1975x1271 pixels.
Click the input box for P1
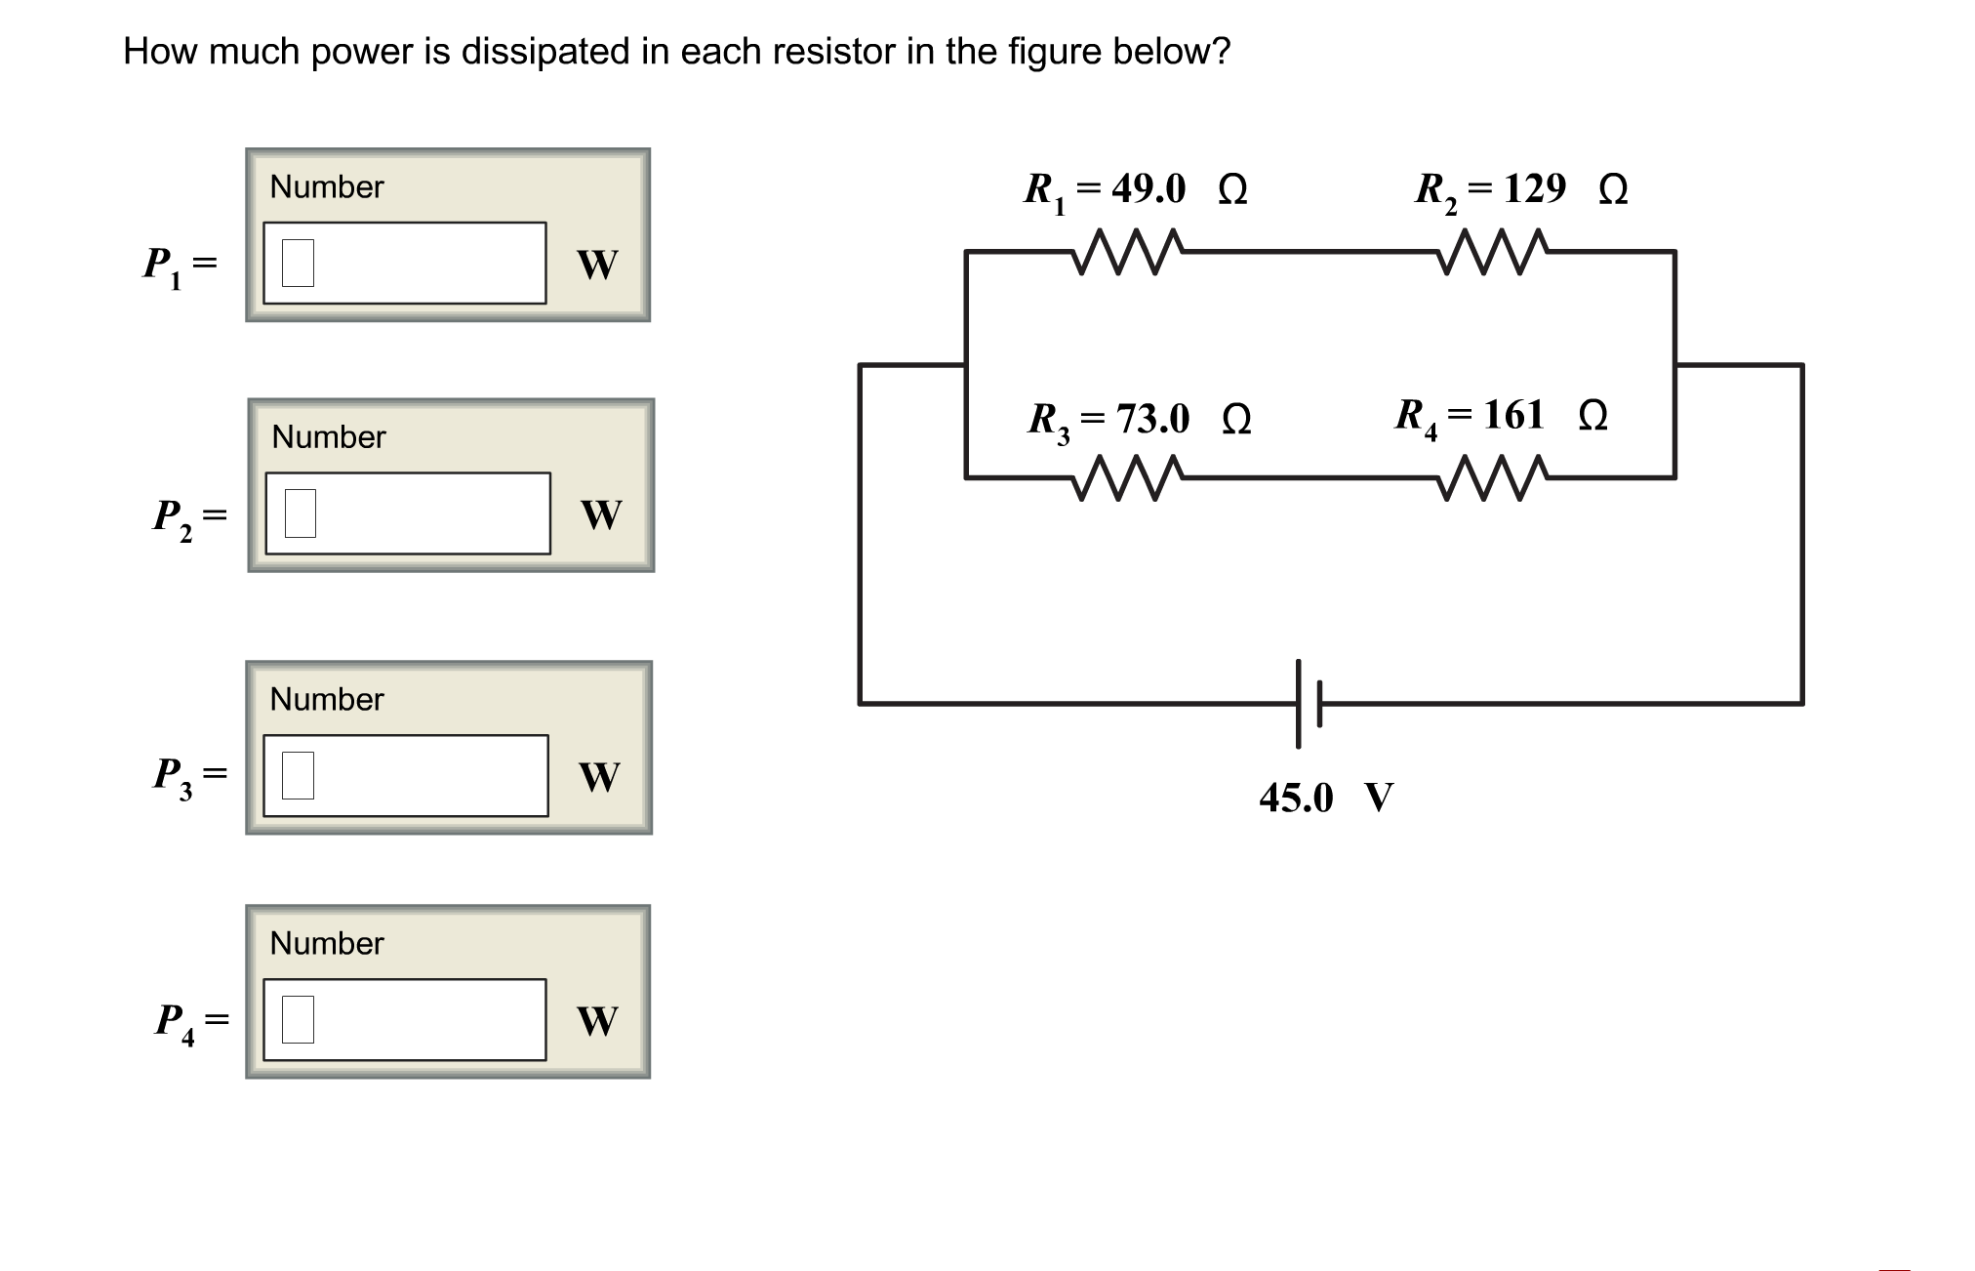[x=404, y=263]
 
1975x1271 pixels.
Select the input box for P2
[x=407, y=513]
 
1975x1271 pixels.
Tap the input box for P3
[x=405, y=776]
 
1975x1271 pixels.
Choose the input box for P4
[x=404, y=1020]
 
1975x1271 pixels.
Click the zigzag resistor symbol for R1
[x=1128, y=253]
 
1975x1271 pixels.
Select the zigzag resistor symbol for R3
[x=1128, y=478]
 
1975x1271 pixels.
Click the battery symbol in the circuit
[x=1308, y=703]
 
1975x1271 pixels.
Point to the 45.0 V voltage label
[x=1325, y=798]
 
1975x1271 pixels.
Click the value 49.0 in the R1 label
[x=1149, y=188]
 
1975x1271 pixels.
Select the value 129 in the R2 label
[x=1534, y=188]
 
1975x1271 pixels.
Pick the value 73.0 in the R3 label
[x=1152, y=419]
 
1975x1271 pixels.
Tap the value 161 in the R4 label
[x=1513, y=415]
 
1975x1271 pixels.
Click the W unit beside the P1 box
[x=597, y=265]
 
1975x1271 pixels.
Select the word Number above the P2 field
[x=329, y=436]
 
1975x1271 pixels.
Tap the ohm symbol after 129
[x=1613, y=189]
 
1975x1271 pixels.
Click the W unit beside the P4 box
[x=597, y=1021]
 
